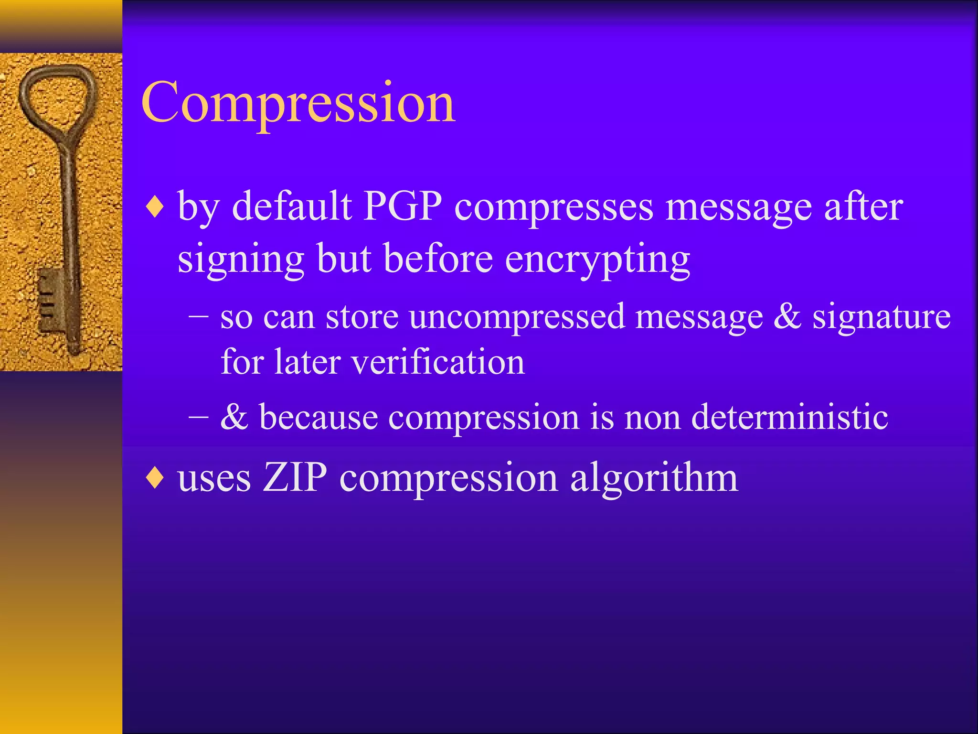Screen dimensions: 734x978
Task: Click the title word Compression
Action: point(298,103)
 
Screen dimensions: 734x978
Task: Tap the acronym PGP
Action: point(403,206)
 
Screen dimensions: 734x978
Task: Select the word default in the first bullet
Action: point(292,206)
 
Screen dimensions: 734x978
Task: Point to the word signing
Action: point(241,260)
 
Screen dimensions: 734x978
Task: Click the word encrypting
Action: point(597,260)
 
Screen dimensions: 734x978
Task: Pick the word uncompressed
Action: point(517,317)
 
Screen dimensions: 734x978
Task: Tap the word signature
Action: point(882,317)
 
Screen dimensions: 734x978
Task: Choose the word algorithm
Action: point(654,478)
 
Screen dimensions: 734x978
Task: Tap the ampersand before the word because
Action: point(234,416)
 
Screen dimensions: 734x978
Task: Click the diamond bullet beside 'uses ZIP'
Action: point(155,478)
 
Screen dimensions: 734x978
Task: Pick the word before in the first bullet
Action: point(438,259)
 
